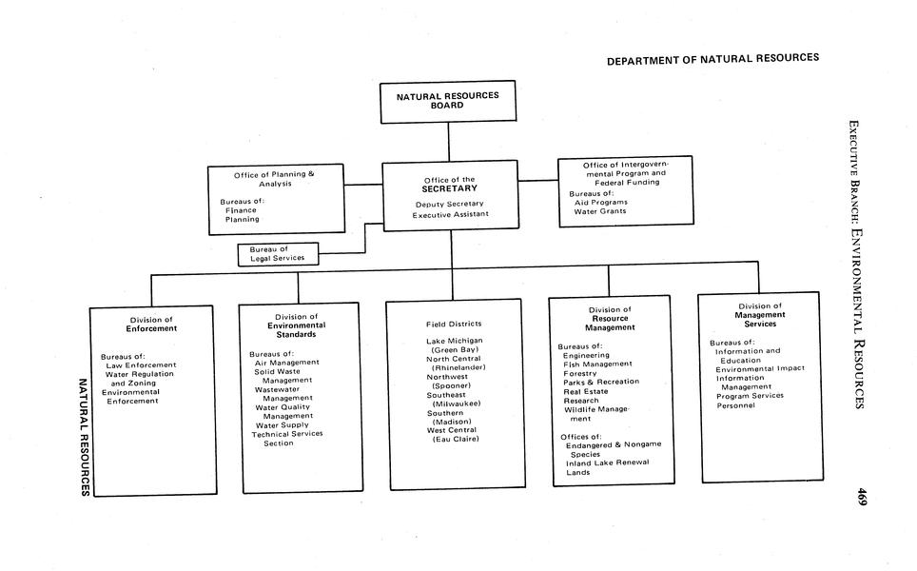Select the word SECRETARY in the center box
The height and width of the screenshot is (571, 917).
tap(450, 188)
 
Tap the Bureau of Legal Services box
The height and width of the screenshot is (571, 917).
tap(278, 254)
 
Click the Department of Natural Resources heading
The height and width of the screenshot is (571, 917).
tap(712, 59)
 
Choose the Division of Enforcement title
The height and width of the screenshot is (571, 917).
tap(151, 324)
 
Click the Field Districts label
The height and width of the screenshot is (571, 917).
tap(454, 324)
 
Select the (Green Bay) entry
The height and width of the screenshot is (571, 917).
tap(455, 349)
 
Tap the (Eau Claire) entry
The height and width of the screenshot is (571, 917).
tap(456, 439)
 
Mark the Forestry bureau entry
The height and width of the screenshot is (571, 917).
tap(580, 373)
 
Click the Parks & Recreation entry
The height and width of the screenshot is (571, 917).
tap(601, 382)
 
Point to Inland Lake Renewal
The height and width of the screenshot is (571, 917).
tap(607, 463)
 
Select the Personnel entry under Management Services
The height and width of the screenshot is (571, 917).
tap(735, 405)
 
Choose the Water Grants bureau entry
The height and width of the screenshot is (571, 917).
tap(599, 211)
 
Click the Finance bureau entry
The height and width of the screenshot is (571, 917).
tap(241, 210)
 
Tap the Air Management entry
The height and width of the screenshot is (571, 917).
tap(286, 362)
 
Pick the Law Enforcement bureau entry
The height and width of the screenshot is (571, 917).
tap(141, 364)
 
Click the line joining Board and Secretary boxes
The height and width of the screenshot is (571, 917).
tap(449, 143)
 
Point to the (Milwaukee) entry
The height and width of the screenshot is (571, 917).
tap(456, 404)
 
